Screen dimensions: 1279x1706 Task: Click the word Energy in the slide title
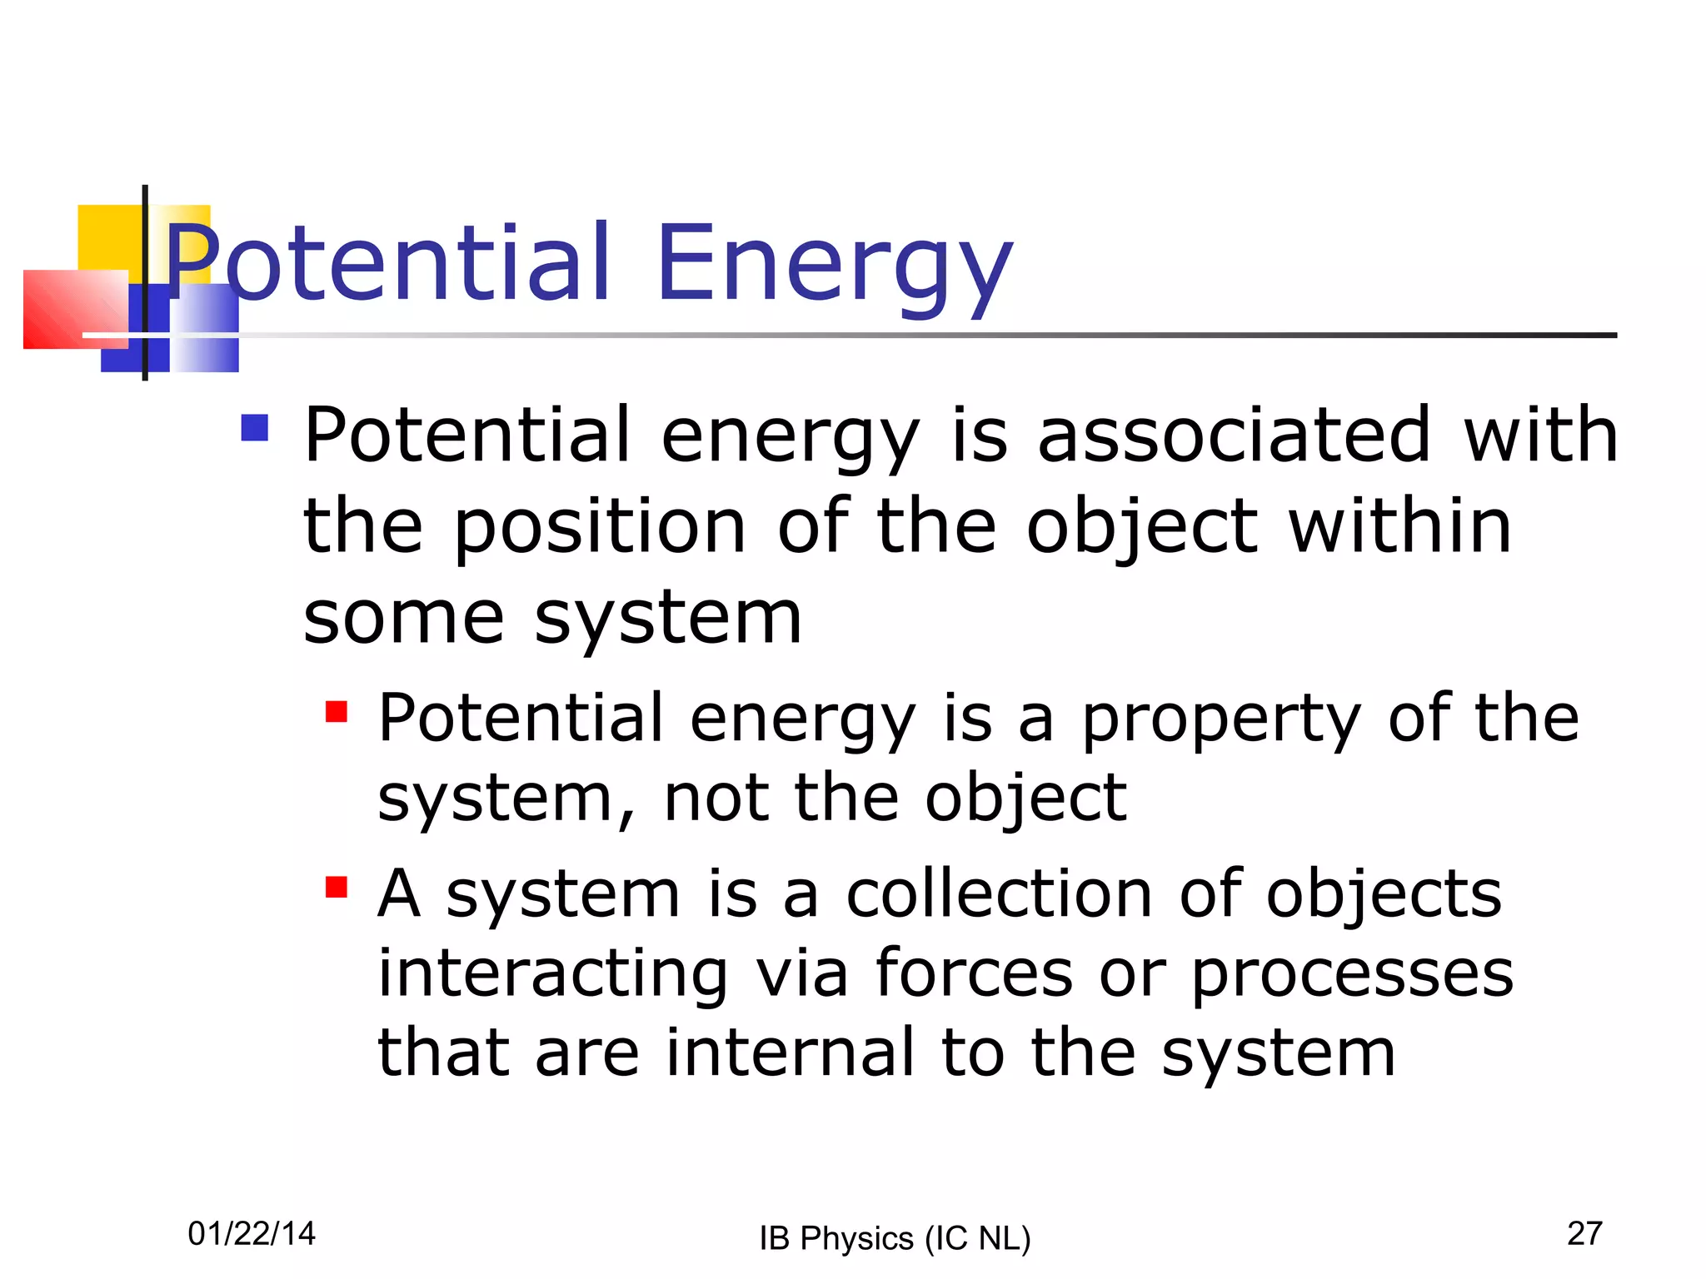click(835, 265)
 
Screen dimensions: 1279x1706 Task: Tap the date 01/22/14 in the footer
click(252, 1233)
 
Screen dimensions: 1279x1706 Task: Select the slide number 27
click(1584, 1233)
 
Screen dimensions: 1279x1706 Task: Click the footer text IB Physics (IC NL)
click(895, 1238)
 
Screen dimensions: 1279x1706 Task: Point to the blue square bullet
click(255, 428)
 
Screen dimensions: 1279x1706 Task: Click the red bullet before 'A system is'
click(337, 888)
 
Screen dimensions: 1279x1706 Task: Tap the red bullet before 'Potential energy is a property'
click(337, 712)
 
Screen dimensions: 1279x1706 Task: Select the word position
click(600, 528)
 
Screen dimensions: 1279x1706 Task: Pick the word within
click(1399, 526)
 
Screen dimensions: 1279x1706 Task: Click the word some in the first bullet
click(403, 618)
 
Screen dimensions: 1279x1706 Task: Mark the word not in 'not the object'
click(716, 799)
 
